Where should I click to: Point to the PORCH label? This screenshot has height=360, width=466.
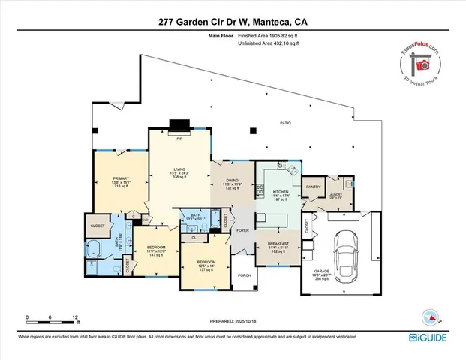pos(244,274)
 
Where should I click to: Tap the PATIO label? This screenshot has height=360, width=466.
pos(285,122)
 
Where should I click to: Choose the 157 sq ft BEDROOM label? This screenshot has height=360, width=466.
pos(205,262)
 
